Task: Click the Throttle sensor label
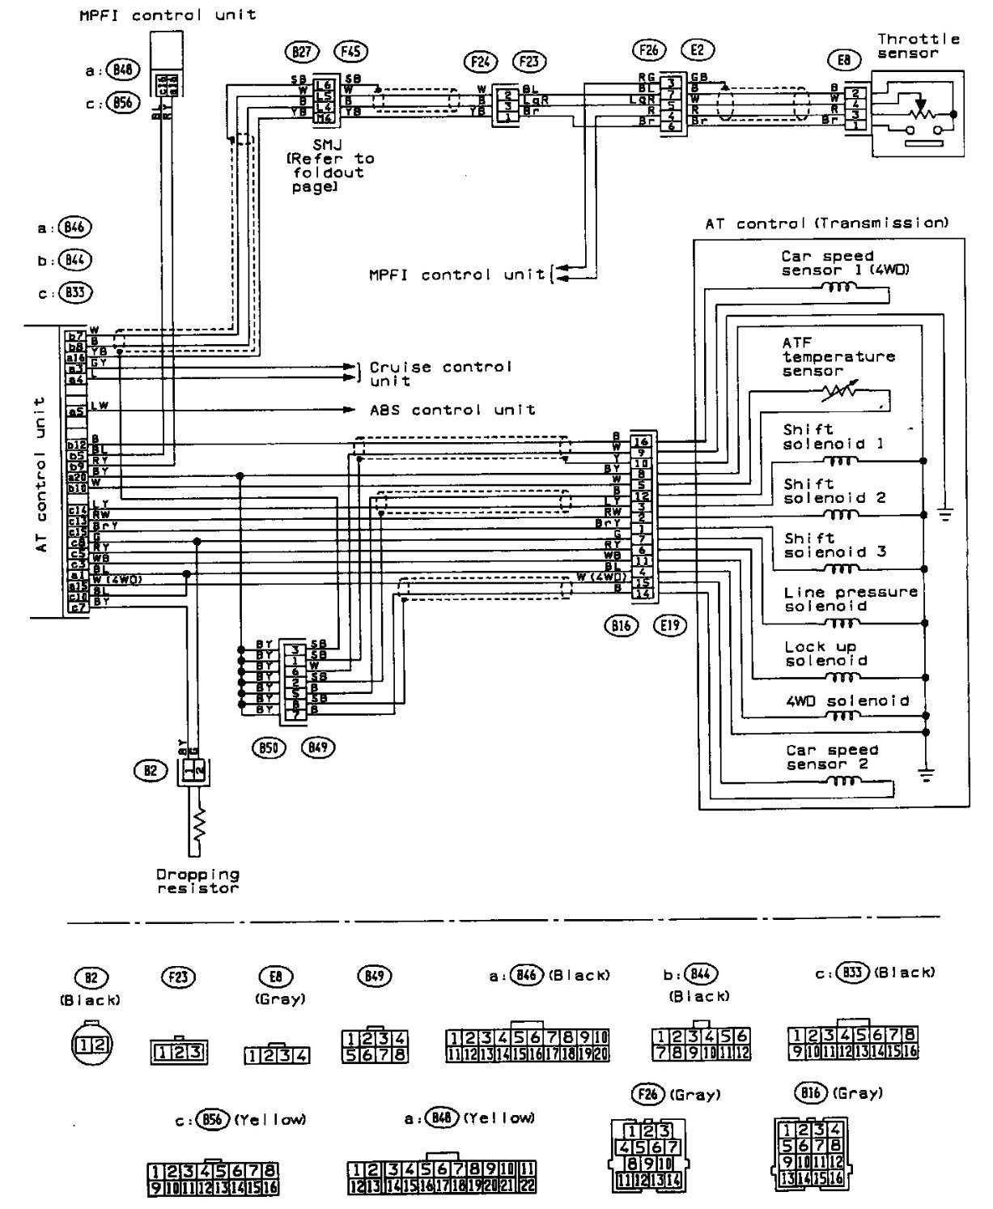[919, 45]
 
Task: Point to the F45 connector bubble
[350, 52]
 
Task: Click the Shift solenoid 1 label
[833, 436]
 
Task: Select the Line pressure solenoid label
[850, 598]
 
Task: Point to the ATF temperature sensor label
[838, 356]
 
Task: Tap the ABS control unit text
[452, 410]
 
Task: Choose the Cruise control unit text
[440, 373]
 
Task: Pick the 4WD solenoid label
[847, 700]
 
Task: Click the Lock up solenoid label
[825, 653]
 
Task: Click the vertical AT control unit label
[40, 474]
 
